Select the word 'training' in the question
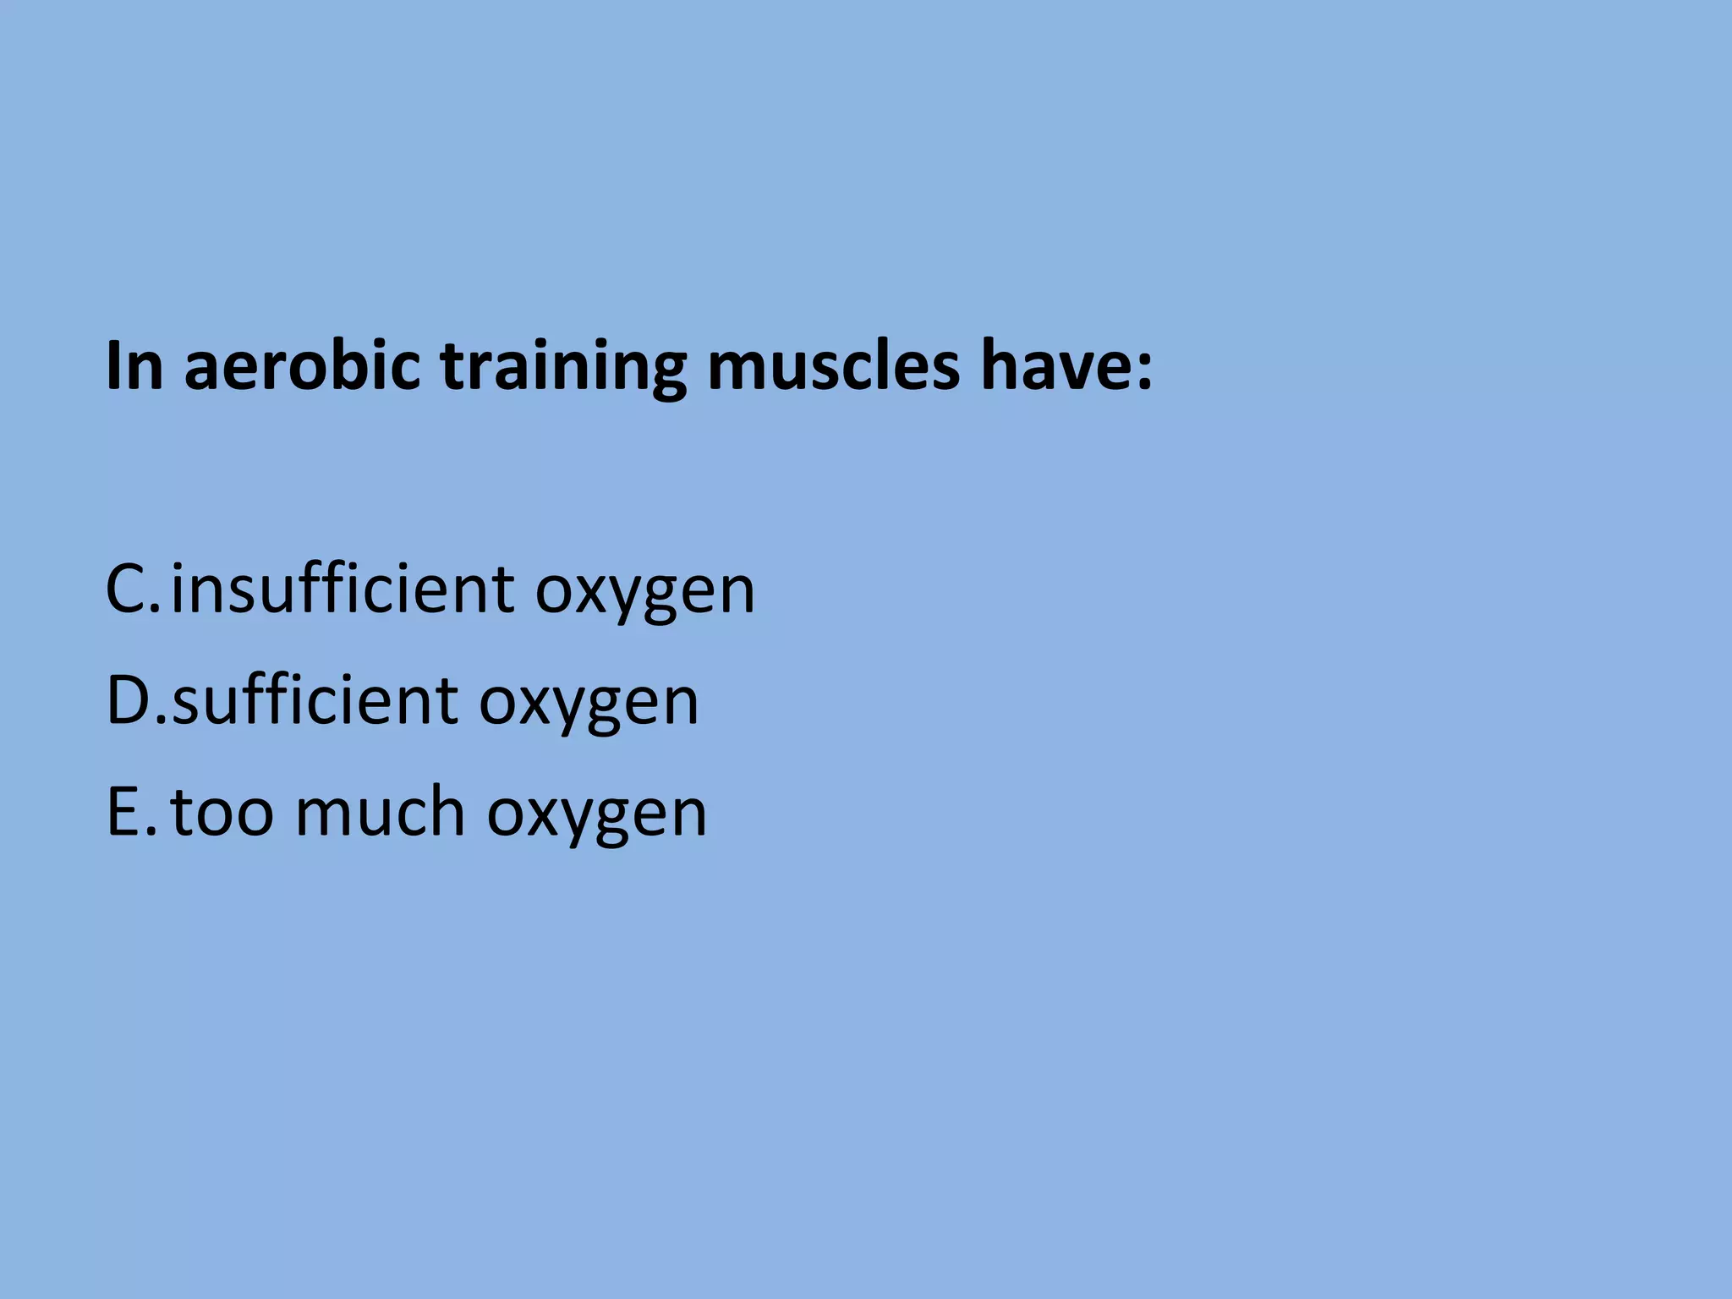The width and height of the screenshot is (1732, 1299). pos(563,369)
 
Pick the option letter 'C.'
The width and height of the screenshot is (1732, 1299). pos(131,589)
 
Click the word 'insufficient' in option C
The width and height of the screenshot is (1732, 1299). pos(343,589)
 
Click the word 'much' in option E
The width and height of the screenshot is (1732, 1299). pos(380,812)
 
